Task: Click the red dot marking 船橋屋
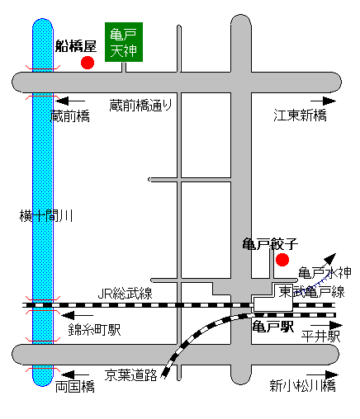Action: pyautogui.click(x=88, y=63)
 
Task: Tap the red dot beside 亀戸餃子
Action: pyautogui.click(x=282, y=260)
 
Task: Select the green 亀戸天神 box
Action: pyautogui.click(x=124, y=42)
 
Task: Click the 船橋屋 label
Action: pyautogui.click(x=76, y=46)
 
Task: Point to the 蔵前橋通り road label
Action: pyautogui.click(x=141, y=106)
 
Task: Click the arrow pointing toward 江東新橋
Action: pyautogui.click(x=324, y=101)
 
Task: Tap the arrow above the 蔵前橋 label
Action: pyautogui.click(x=70, y=101)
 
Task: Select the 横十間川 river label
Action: pyautogui.click(x=46, y=216)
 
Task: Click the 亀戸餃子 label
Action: pyautogui.click(x=270, y=244)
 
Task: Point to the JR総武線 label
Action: pyautogui.click(x=126, y=294)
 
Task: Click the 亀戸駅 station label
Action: pyautogui.click(x=273, y=327)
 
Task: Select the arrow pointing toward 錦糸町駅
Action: pyautogui.click(x=77, y=315)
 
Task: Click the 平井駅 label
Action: pyautogui.click(x=320, y=336)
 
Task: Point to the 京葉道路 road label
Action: pyautogui.click(x=131, y=374)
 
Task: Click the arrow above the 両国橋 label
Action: pyautogui.click(x=75, y=374)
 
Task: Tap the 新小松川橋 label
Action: pyautogui.click(x=303, y=385)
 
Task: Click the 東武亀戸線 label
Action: pyautogui.click(x=312, y=292)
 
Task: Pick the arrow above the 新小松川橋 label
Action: pyautogui.click(x=323, y=374)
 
